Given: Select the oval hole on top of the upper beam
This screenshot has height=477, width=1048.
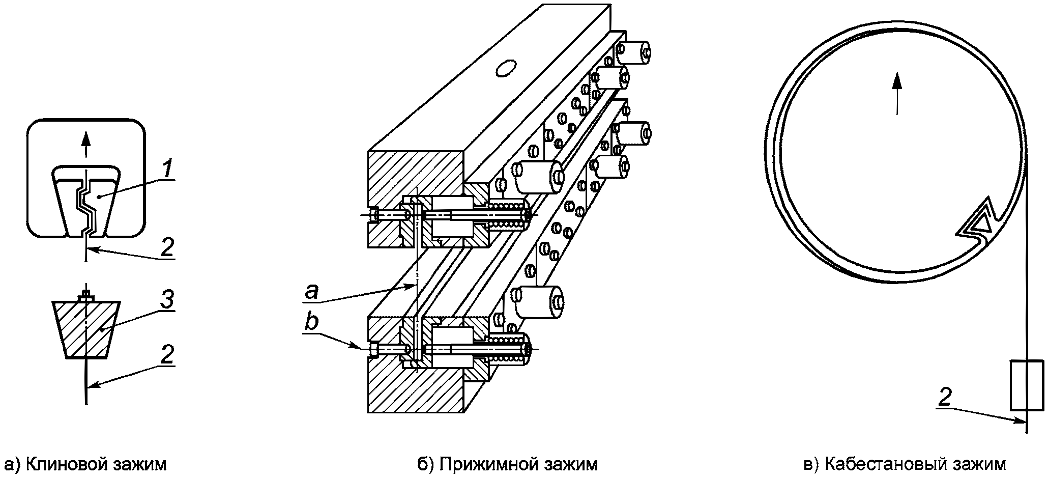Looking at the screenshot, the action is tap(506, 68).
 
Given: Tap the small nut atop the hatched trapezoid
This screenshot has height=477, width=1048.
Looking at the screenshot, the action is tap(86, 295).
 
